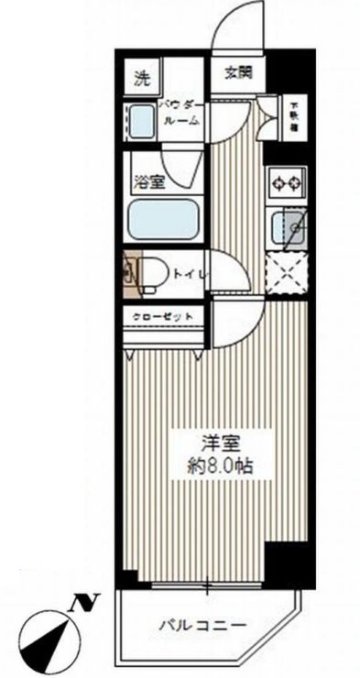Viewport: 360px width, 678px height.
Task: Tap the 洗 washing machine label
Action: click(x=141, y=78)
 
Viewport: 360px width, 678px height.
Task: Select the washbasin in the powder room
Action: click(x=141, y=122)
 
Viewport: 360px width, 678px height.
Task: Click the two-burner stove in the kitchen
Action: click(x=286, y=184)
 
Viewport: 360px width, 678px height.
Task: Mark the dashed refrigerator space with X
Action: click(x=286, y=270)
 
